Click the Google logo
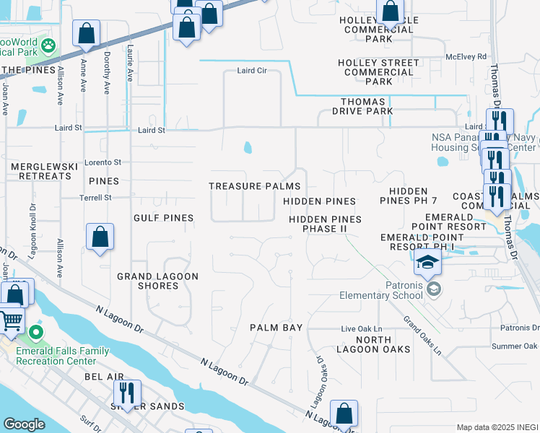(23, 424)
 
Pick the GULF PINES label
(163, 218)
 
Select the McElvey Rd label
(466, 56)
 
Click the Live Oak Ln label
(361, 329)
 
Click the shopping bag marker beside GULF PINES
(100, 237)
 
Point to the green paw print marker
(48, 47)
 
